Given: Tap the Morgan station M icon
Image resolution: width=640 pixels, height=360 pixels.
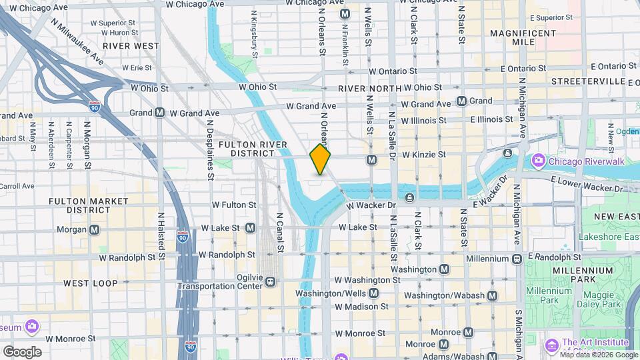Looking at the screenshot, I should tap(95, 230).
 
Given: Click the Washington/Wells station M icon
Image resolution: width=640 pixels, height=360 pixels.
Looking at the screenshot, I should tap(373, 293).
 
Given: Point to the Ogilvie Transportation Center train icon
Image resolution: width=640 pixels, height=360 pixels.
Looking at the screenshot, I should tap(271, 281).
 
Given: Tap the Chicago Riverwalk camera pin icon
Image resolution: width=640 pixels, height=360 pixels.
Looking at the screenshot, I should tap(538, 161).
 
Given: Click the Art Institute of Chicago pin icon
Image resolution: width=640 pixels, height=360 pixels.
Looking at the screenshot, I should tap(551, 345).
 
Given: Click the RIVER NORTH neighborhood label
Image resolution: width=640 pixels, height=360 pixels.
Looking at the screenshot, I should tap(369, 89).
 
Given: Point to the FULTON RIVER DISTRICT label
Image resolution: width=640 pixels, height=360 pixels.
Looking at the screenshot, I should tap(253, 149).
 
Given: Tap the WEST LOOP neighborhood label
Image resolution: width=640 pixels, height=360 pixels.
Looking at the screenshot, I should tap(91, 283).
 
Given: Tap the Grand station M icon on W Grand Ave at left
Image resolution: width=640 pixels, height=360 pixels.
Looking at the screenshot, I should tap(159, 113).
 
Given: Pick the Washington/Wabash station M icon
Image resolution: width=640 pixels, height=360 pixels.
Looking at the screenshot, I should tap(492, 295).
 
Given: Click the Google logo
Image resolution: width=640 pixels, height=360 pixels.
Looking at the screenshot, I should tap(22, 352).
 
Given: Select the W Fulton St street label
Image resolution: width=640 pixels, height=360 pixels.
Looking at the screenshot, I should tap(233, 205).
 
